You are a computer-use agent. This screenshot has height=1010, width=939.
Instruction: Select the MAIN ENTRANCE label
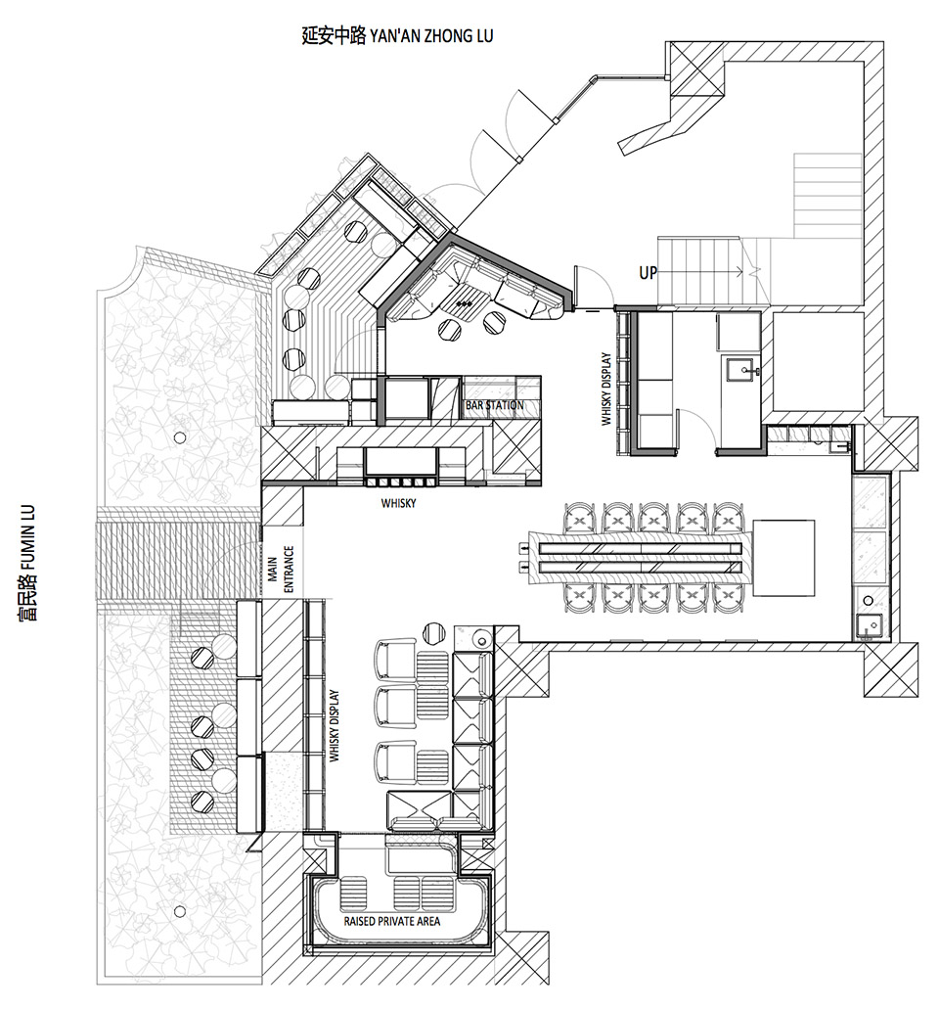click(x=282, y=570)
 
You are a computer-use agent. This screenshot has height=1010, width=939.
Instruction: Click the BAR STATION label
click(x=494, y=405)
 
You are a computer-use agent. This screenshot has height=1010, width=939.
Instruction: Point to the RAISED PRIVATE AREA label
click(x=391, y=921)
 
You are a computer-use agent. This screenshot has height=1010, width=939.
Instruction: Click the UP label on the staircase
click(x=648, y=272)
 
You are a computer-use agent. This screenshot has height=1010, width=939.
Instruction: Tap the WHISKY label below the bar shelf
click(x=398, y=503)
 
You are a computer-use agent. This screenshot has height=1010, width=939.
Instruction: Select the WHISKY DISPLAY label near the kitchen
click(x=606, y=389)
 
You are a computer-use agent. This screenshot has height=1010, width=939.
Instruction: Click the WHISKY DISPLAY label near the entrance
click(x=334, y=726)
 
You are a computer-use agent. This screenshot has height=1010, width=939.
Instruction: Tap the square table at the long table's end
click(x=783, y=558)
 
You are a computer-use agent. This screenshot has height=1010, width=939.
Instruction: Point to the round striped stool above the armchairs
click(x=434, y=632)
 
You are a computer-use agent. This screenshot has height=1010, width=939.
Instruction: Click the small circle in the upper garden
click(x=180, y=438)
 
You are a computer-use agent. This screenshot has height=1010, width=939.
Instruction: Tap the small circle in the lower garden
click(x=180, y=911)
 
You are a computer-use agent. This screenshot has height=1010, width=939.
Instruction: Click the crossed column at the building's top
click(x=697, y=69)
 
